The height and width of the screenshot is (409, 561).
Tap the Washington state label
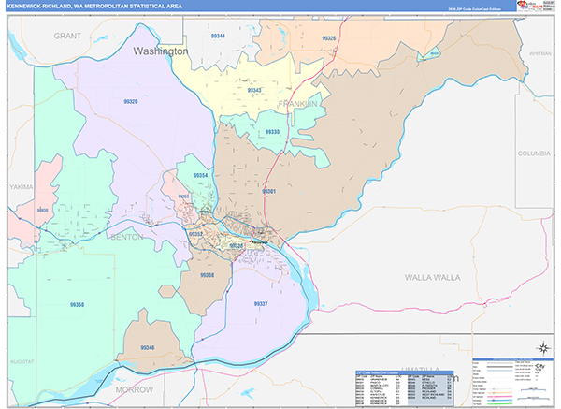tap(161, 51)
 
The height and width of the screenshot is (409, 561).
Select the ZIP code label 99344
tap(218, 35)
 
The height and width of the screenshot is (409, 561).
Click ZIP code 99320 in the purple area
tap(130, 101)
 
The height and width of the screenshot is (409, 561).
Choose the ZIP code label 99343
tap(254, 90)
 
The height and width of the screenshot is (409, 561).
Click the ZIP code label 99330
tap(272, 132)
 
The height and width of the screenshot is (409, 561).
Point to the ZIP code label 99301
tap(268, 191)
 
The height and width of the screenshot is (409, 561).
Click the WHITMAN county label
tap(540, 54)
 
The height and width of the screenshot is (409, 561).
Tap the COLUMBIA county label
tap(536, 153)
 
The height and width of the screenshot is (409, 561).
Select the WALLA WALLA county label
tap(433, 278)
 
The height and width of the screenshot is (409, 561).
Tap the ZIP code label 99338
tap(208, 275)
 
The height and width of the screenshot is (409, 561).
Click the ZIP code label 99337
tap(261, 304)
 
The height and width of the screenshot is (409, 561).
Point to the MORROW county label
tap(134, 387)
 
